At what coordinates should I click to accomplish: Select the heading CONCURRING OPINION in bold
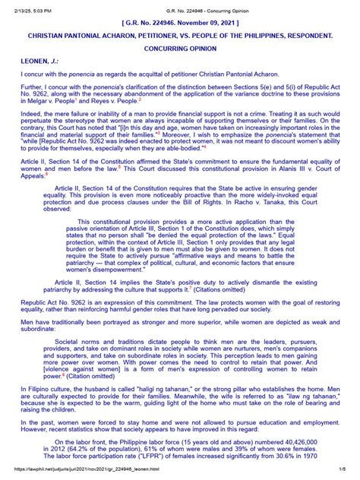point(179,46)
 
